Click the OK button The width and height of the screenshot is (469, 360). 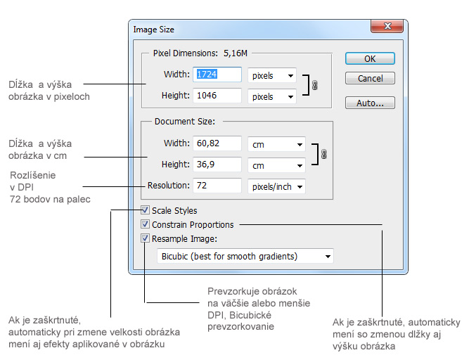tap(370, 59)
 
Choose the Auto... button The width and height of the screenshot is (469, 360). tap(370, 103)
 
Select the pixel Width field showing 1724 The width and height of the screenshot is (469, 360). tap(218, 75)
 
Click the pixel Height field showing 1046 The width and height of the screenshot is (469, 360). tap(218, 95)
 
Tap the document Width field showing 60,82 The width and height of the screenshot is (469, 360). tap(218, 144)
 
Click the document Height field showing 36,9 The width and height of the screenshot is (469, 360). tap(218, 165)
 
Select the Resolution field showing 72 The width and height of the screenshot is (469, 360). tap(218, 186)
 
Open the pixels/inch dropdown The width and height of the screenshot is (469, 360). tap(276, 186)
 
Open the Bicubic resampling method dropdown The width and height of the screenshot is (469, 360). tap(245, 256)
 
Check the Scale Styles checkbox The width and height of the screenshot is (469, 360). tap(146, 210)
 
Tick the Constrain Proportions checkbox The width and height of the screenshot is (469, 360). tap(146, 224)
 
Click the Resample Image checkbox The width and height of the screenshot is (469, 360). tap(146, 238)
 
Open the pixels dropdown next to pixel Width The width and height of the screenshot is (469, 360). tap(271, 75)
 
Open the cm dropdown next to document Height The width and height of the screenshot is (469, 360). tap(276, 165)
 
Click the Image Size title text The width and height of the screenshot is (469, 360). tap(154, 30)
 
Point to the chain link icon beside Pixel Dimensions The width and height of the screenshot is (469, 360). tap(314, 85)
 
